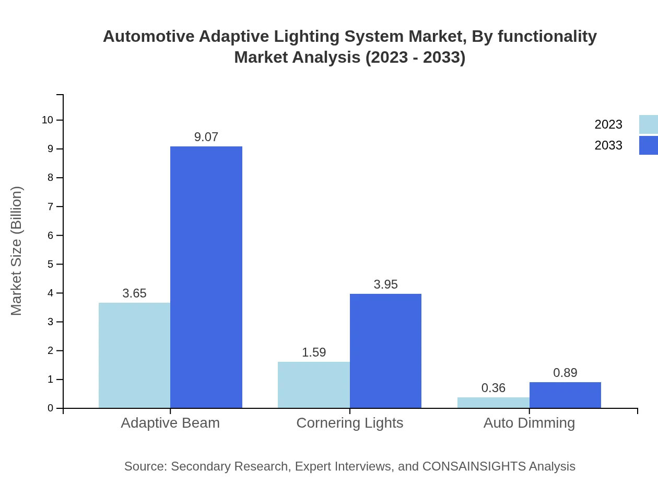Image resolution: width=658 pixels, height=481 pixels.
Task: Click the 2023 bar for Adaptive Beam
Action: point(134,355)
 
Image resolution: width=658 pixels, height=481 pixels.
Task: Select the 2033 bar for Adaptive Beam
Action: point(206,277)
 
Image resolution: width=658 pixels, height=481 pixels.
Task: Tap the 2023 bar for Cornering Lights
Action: point(314,384)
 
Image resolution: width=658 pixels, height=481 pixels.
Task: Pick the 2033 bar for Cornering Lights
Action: point(385,351)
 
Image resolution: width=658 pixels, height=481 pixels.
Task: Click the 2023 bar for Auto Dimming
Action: point(493,403)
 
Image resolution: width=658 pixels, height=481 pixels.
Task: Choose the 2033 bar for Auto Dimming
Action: point(565,395)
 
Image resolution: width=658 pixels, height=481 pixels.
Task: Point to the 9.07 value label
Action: point(206,137)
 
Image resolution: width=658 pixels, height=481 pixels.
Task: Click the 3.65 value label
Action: point(134,293)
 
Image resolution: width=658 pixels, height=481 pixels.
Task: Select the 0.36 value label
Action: point(493,388)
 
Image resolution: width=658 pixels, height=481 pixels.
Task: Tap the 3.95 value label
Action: point(385,284)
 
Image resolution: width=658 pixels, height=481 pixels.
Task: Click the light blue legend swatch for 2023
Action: point(648,124)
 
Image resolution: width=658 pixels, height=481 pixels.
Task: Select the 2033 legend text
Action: point(608,145)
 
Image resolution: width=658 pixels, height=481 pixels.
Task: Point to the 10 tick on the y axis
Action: point(48,120)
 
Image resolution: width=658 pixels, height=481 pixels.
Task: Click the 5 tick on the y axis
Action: point(51,264)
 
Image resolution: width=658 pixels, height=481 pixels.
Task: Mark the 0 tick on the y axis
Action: point(51,408)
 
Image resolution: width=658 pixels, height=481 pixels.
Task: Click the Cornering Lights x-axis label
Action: point(349,422)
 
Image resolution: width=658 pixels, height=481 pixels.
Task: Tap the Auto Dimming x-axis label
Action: point(529,422)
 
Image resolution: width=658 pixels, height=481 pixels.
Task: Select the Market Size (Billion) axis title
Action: point(16,251)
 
